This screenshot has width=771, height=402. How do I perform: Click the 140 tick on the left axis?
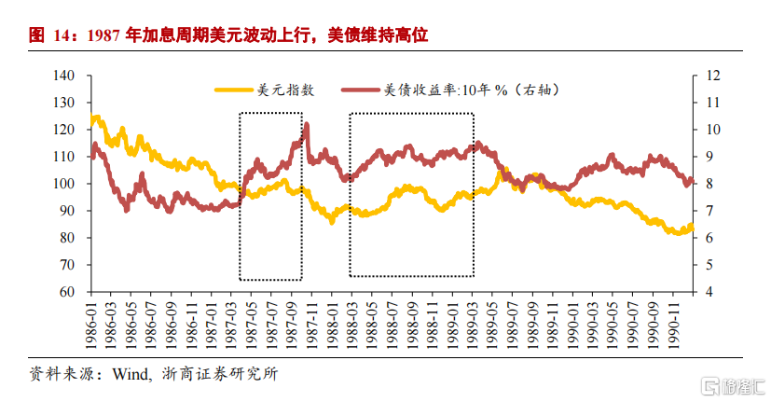[65, 76]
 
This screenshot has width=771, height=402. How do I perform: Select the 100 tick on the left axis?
[65, 184]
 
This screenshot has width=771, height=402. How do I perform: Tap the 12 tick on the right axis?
[714, 76]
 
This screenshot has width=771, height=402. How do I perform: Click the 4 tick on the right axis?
[710, 292]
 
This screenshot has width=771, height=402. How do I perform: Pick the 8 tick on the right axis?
[710, 184]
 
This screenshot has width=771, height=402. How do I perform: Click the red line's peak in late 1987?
[307, 124]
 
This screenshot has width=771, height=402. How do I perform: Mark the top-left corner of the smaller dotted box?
[240, 113]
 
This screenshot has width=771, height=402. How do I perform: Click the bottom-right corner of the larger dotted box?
[474, 276]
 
